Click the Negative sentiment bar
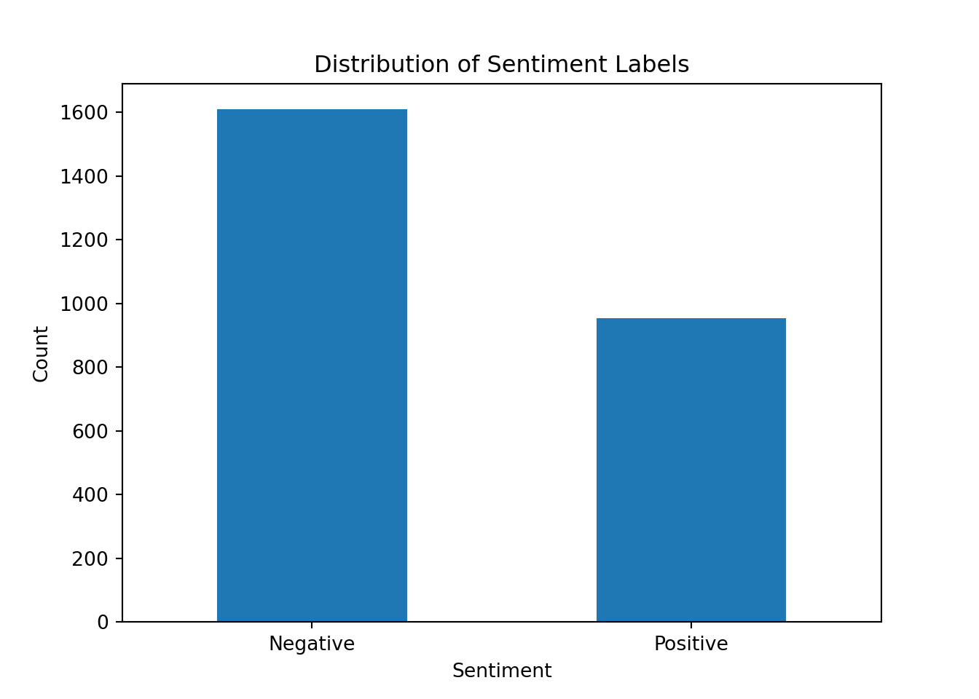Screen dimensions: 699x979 tap(312, 365)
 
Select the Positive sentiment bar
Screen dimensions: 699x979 tap(691, 470)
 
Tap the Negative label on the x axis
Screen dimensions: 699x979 tap(312, 644)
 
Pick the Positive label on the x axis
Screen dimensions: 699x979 tap(691, 644)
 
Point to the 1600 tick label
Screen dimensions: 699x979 tap(84, 113)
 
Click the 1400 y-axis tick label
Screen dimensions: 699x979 tap(84, 176)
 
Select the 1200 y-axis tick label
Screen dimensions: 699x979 tap(84, 240)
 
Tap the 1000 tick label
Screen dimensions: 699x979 tap(84, 304)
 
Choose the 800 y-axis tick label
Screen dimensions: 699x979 tap(90, 368)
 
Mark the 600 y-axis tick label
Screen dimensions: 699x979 tap(90, 431)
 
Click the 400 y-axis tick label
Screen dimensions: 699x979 tap(90, 495)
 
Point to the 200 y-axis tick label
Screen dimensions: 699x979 tap(90, 558)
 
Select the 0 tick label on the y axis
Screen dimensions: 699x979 tap(103, 623)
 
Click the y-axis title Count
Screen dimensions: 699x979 tap(41, 354)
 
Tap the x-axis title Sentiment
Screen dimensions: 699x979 tap(502, 671)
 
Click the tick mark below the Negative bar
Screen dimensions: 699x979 tap(312, 625)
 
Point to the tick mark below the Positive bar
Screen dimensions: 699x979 tap(691, 625)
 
